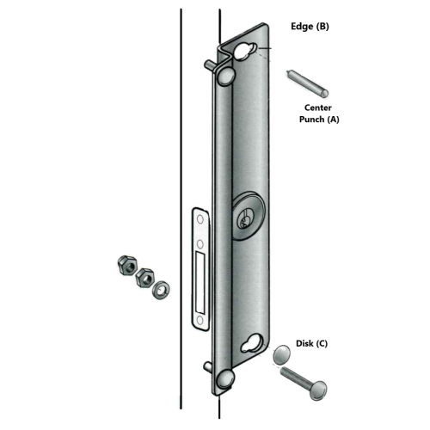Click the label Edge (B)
point(310,27)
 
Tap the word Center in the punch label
point(318,107)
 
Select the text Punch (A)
point(319,119)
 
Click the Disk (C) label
point(311,343)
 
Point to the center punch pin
point(307,83)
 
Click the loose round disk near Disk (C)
point(281,353)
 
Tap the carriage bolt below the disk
point(304,383)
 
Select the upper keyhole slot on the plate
point(244,52)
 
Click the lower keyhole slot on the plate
point(251,343)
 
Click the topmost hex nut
point(127,266)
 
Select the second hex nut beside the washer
point(145,278)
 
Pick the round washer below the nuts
point(161,291)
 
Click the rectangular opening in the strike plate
point(200,281)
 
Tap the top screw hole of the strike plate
point(200,219)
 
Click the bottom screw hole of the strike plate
point(200,320)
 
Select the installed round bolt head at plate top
point(226,76)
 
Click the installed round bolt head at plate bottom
point(225,379)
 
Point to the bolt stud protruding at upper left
point(211,64)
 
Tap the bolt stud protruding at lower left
point(209,366)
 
